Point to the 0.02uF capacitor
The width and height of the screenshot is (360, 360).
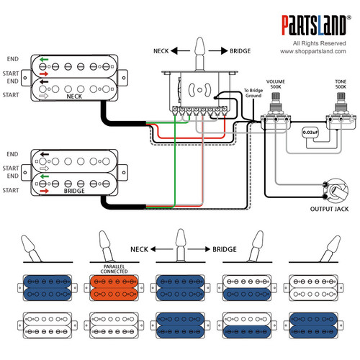tap(308, 132)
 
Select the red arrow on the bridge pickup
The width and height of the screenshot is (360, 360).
tap(45, 191)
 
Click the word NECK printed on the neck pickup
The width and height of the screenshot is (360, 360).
tap(73, 95)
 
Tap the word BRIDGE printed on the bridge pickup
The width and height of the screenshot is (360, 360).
tap(73, 192)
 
